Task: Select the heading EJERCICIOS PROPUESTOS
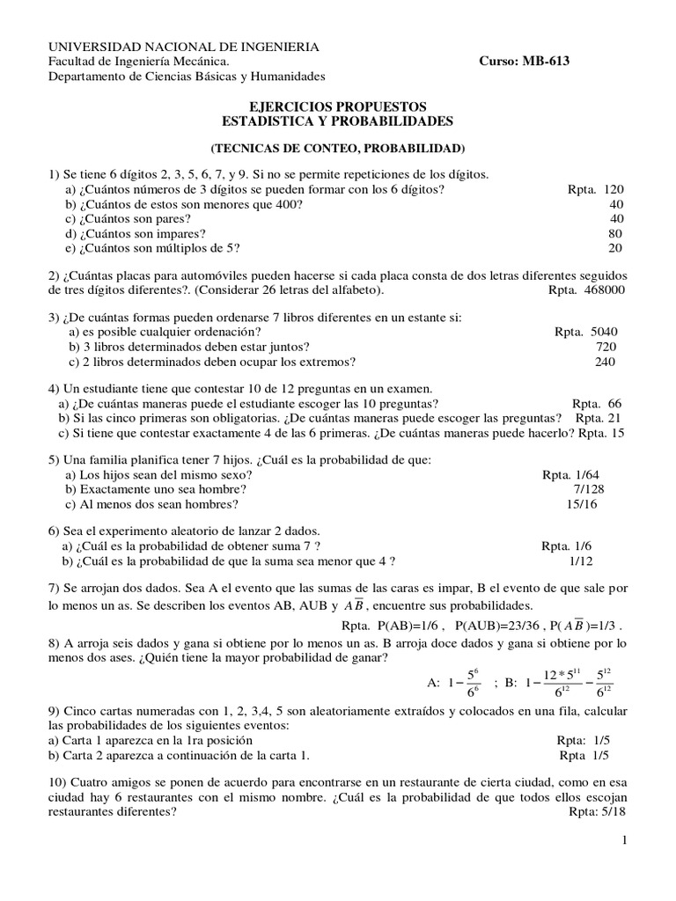click(x=337, y=106)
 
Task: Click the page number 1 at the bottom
click(x=623, y=842)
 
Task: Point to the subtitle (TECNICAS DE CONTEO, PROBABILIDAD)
click(x=338, y=148)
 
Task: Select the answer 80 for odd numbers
click(x=615, y=233)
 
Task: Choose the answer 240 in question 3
click(x=606, y=361)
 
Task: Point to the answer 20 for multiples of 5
click(x=615, y=248)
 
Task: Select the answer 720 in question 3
click(x=606, y=347)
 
